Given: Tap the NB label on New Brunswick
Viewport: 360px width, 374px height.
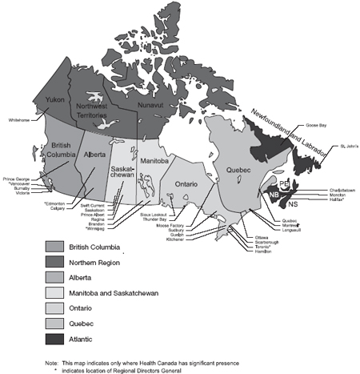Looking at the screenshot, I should (x=274, y=195).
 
